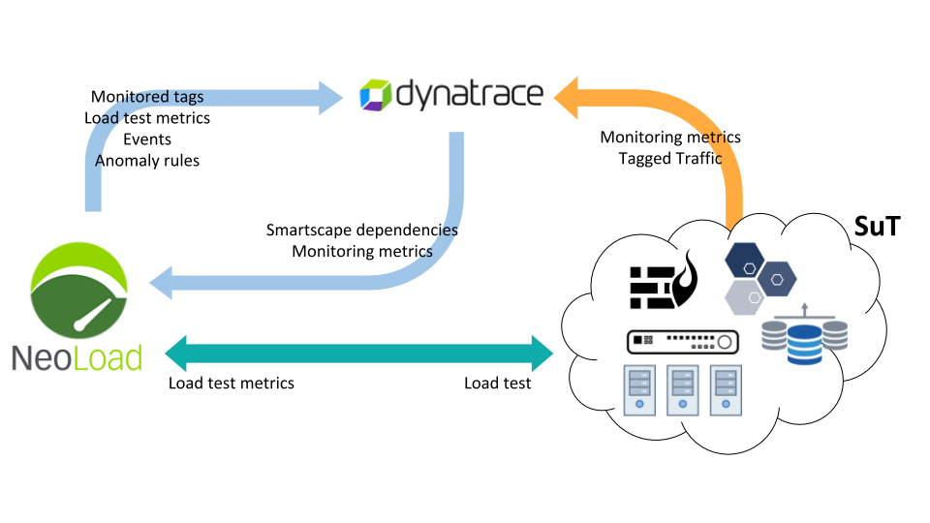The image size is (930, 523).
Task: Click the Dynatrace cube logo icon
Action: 375,95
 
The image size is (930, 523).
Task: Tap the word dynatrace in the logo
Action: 468,95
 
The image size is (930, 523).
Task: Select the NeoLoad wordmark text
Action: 77,356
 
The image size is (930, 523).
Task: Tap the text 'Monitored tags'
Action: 147,97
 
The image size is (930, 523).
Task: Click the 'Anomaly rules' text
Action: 147,161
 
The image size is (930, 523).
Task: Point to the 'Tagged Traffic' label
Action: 670,158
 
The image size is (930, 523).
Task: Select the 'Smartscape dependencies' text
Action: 362,231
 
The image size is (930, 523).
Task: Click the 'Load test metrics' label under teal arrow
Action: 232,383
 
